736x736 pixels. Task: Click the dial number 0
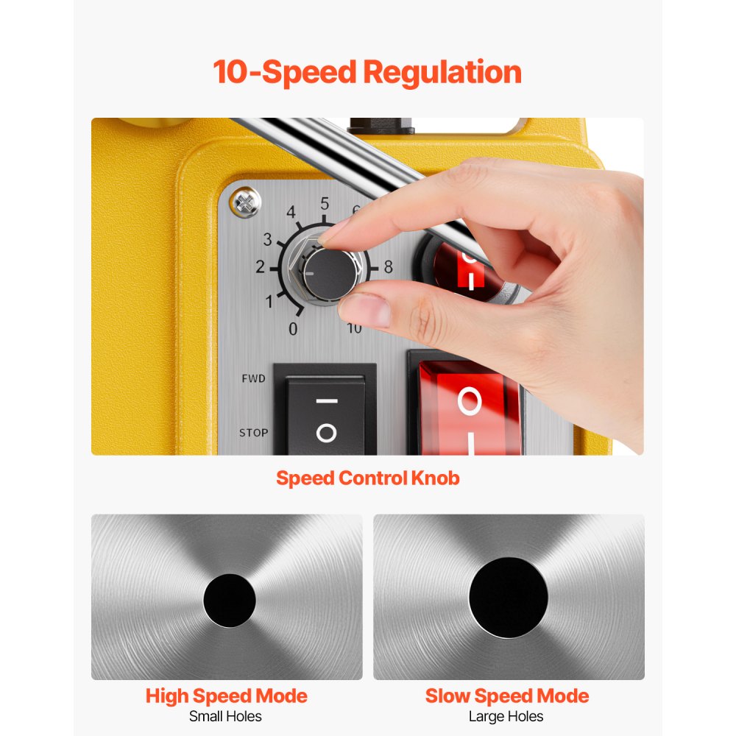[x=293, y=329]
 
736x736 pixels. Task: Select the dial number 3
[x=268, y=239]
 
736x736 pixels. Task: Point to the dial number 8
[x=388, y=266]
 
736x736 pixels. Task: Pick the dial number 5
[x=324, y=204]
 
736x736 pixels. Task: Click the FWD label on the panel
[x=253, y=378]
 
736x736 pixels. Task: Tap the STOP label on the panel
[x=253, y=433]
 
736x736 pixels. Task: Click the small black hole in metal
[x=230, y=600]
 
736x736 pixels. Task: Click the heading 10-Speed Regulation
[x=367, y=73]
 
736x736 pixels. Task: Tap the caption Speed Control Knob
[x=367, y=478]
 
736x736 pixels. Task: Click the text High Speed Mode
[x=226, y=696]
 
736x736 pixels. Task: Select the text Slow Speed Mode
[x=507, y=696]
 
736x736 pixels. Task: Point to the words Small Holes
[x=225, y=716]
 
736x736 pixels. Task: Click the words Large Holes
[x=506, y=716]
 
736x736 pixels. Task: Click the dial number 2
[x=260, y=266]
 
